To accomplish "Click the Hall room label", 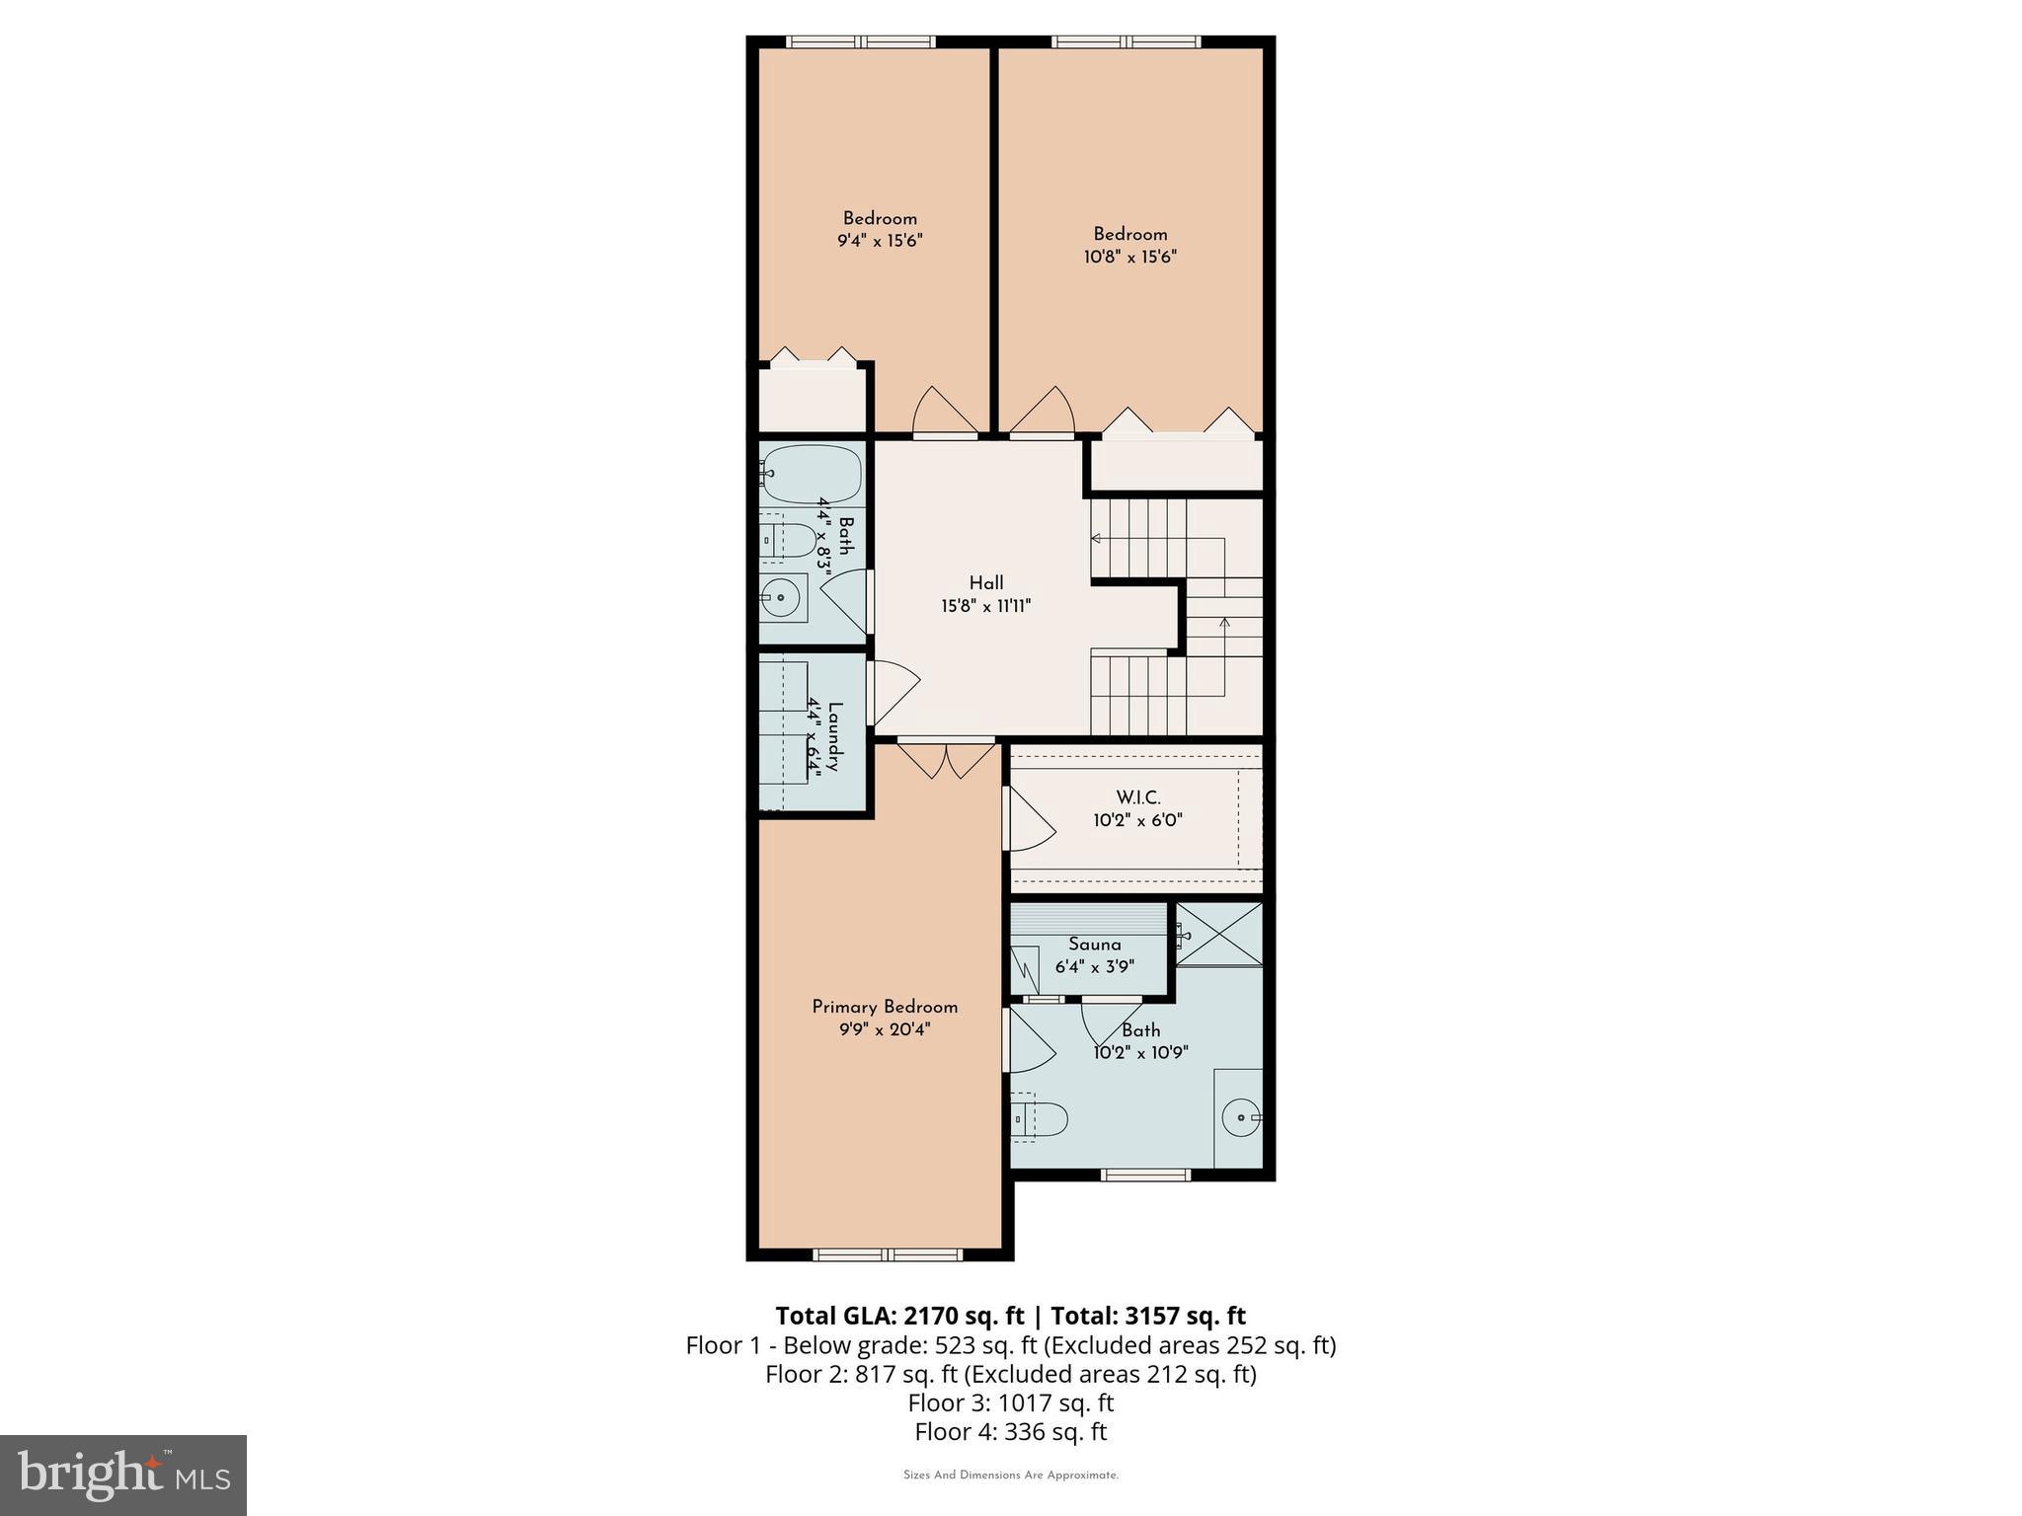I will pos(985,583).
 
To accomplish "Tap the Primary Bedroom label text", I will pos(885,1008).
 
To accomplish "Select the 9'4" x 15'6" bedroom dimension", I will pos(879,241).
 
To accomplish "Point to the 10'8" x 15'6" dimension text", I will pos(1129,257).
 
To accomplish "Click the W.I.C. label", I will pos(1137,797).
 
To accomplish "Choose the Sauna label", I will pos(1094,945).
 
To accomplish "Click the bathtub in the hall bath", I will pos(813,474).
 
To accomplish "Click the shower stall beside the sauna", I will pos(1219,934).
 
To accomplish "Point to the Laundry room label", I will pos(835,736).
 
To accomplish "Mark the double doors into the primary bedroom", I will pos(946,760).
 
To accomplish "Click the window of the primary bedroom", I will pos(887,1254).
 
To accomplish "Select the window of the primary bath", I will pos(1145,1175).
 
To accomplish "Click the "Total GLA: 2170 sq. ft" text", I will pos(899,1316).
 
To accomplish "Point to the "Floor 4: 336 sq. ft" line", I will pos(1010,1431).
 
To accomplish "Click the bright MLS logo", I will pos(123,1475).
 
